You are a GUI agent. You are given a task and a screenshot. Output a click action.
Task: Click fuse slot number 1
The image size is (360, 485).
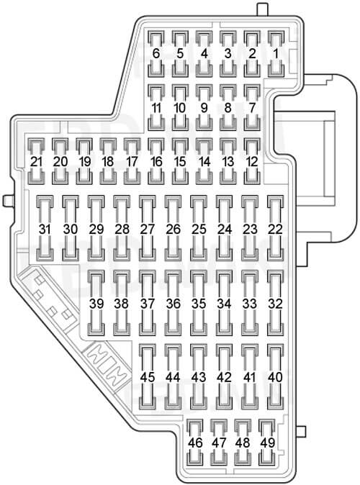(x=276, y=53)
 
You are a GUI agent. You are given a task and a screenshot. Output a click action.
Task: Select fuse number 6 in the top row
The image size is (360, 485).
(x=156, y=53)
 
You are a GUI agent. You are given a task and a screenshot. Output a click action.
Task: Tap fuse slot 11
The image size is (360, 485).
(x=156, y=108)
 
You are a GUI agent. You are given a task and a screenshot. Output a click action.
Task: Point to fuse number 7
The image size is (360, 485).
(x=252, y=108)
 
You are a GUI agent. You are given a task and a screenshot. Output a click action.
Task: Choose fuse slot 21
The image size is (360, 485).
(x=36, y=161)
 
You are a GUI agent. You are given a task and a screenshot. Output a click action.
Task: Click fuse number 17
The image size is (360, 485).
(x=132, y=161)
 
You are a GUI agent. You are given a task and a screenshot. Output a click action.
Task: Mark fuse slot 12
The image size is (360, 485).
(x=252, y=161)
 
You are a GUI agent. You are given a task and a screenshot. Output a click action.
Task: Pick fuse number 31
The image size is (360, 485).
(x=45, y=229)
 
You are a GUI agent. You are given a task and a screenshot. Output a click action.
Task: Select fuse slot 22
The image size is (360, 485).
(x=276, y=229)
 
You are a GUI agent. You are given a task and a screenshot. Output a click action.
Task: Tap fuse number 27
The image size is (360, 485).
(x=148, y=229)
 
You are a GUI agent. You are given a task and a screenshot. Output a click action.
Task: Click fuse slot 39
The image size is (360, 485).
(x=96, y=304)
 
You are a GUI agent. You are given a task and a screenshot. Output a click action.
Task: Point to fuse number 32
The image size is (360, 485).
(x=276, y=304)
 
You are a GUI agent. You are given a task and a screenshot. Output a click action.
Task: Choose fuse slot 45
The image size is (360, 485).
(x=148, y=377)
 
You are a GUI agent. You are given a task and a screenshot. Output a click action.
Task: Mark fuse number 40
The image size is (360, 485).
(x=276, y=377)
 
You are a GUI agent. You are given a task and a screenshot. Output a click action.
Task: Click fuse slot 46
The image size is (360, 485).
(x=195, y=443)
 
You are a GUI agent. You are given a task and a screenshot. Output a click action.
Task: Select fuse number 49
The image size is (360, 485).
(x=267, y=443)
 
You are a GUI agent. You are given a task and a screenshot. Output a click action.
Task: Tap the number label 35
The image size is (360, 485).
(x=199, y=304)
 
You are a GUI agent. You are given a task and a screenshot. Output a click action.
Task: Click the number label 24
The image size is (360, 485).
(x=225, y=229)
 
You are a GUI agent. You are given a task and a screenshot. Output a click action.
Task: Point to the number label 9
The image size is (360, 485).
(x=204, y=108)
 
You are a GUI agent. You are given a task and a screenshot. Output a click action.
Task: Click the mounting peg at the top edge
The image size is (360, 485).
(x=263, y=9)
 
